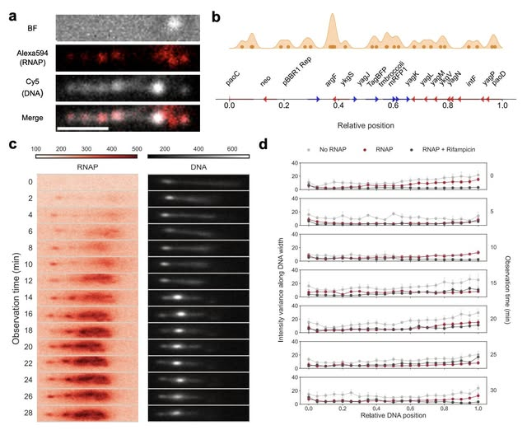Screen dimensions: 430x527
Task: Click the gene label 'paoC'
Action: tap(235, 81)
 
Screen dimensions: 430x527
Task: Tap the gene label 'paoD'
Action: tap(501, 81)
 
